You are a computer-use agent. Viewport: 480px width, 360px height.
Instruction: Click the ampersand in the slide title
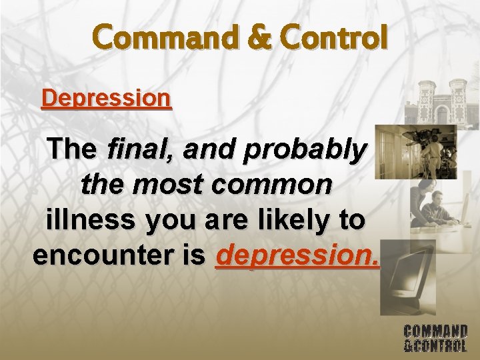click(x=255, y=38)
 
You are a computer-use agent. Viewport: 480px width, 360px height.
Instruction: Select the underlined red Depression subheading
click(x=106, y=99)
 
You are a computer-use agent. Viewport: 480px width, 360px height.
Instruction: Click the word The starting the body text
click(x=73, y=150)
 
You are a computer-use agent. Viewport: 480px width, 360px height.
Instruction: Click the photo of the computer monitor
click(x=407, y=277)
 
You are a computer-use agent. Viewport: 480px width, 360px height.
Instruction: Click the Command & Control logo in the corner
click(x=435, y=337)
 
